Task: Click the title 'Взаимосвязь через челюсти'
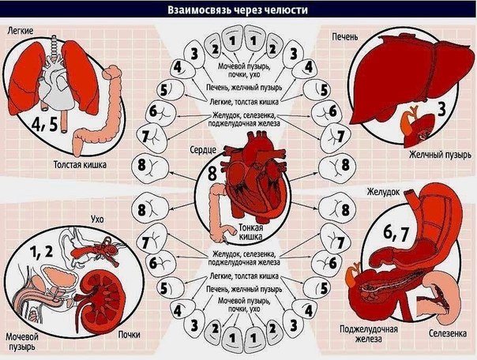(x=238, y=11)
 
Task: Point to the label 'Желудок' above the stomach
(x=382, y=191)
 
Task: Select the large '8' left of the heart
(x=213, y=174)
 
